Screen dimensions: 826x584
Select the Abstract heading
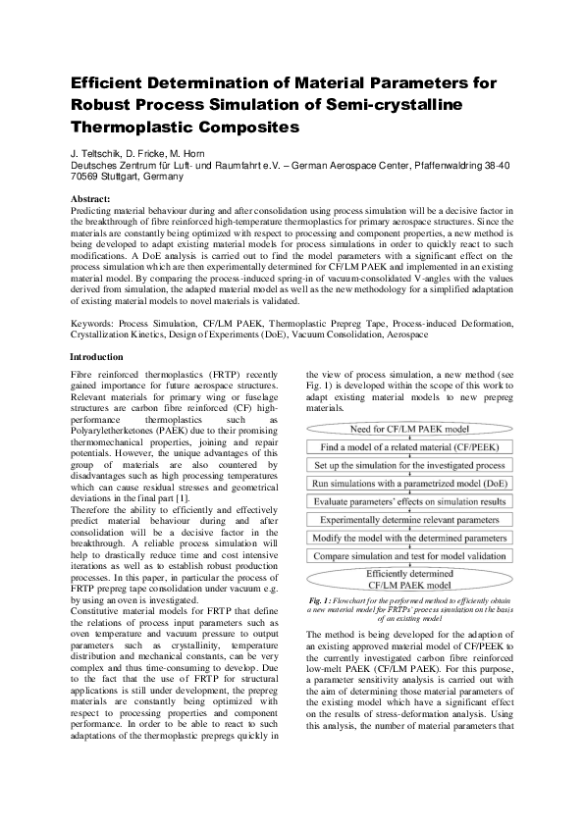97,199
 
